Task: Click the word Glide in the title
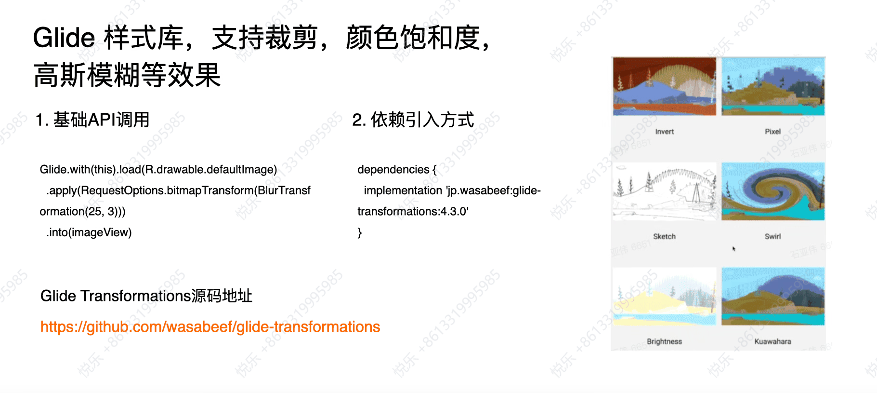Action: pyautogui.click(x=64, y=38)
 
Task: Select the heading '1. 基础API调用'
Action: pyautogui.click(x=92, y=120)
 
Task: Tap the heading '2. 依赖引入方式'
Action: pyautogui.click(x=413, y=120)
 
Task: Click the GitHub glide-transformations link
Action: pyautogui.click(x=210, y=327)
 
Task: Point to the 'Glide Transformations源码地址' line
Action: pyautogui.click(x=146, y=296)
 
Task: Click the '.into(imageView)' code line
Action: pyautogui.click(x=89, y=232)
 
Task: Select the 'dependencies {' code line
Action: pyautogui.click(x=397, y=170)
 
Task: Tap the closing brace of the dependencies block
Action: pyautogui.click(x=360, y=233)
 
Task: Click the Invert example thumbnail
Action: pyautogui.click(x=665, y=86)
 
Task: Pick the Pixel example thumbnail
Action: pyautogui.click(x=773, y=86)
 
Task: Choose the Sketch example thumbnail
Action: pyautogui.click(x=665, y=191)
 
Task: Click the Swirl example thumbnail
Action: pyautogui.click(x=773, y=191)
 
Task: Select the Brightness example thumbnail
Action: pyautogui.click(x=665, y=297)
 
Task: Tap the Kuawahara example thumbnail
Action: pyautogui.click(x=773, y=297)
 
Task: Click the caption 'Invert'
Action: pyautogui.click(x=665, y=132)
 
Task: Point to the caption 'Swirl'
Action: pyautogui.click(x=773, y=236)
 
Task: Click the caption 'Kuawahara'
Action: pyautogui.click(x=773, y=341)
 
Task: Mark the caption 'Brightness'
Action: pyautogui.click(x=665, y=341)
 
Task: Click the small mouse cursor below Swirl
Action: pyautogui.click(x=734, y=249)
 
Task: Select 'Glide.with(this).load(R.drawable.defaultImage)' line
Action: pyautogui.click(x=158, y=170)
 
